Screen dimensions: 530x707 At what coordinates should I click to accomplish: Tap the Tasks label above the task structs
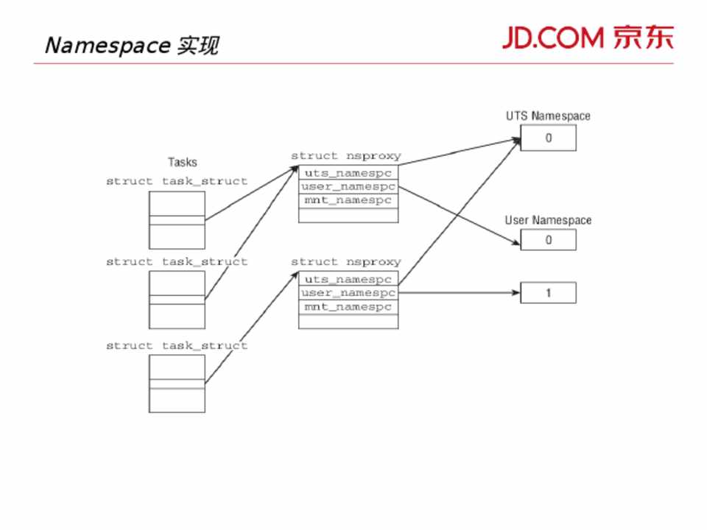[x=183, y=162]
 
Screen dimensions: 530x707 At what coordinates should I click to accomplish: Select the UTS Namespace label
[x=548, y=116]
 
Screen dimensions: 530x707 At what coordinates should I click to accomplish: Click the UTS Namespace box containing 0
[x=548, y=138]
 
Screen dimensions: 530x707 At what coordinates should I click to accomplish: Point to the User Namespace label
[x=548, y=220]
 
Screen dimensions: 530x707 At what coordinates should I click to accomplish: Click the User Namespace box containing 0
[x=548, y=240]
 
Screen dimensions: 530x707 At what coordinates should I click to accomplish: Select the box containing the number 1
[x=548, y=293]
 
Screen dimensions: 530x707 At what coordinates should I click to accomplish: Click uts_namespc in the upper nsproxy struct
[x=348, y=173]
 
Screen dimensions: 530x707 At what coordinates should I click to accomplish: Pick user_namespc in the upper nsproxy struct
[x=348, y=187]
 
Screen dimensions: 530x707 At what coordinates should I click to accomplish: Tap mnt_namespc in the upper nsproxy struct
[x=348, y=201]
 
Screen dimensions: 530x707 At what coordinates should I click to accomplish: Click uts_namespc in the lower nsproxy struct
[x=348, y=279]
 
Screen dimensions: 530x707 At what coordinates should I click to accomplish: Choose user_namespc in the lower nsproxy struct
[x=348, y=293]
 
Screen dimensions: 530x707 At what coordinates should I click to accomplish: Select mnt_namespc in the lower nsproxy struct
[x=348, y=307]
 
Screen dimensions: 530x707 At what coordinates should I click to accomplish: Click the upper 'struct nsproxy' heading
[x=345, y=156]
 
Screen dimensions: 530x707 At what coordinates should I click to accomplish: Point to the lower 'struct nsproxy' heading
[x=345, y=262]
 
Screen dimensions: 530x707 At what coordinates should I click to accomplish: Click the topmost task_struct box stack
[x=177, y=219]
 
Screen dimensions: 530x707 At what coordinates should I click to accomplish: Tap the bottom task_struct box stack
[x=177, y=384]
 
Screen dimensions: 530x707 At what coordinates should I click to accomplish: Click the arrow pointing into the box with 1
[x=457, y=293]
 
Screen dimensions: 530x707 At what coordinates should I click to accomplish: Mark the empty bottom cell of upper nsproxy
[x=348, y=215]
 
